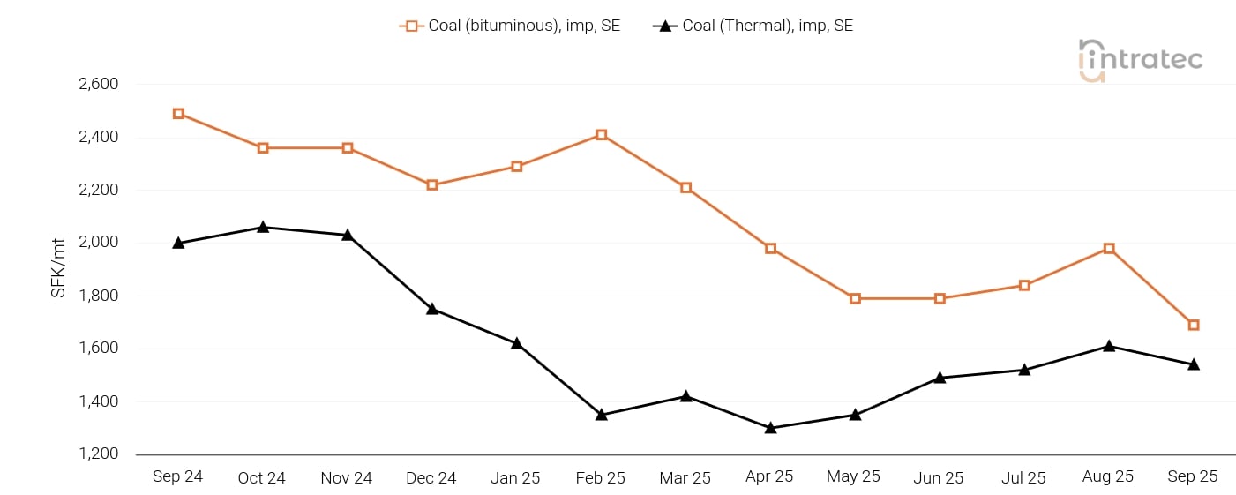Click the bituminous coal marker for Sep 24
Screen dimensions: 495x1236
[178, 114]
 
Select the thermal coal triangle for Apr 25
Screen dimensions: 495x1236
[770, 428]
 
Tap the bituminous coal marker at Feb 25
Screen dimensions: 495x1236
[601, 135]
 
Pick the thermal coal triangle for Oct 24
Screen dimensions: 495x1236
[263, 228]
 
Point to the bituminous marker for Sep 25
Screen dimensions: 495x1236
[1193, 325]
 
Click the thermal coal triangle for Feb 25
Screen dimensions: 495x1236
[601, 415]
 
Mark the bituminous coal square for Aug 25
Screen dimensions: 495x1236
[1109, 249]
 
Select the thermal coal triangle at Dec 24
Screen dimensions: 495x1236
[432, 309]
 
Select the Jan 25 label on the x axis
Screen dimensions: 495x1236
[515, 477]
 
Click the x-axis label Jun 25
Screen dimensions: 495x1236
[939, 477]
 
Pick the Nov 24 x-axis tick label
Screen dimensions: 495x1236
[347, 477]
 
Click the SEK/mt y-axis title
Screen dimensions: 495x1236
[58, 268]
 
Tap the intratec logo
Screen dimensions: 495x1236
[1140, 60]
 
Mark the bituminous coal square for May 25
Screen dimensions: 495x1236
[855, 298]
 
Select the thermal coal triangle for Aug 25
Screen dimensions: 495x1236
[1109, 346]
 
